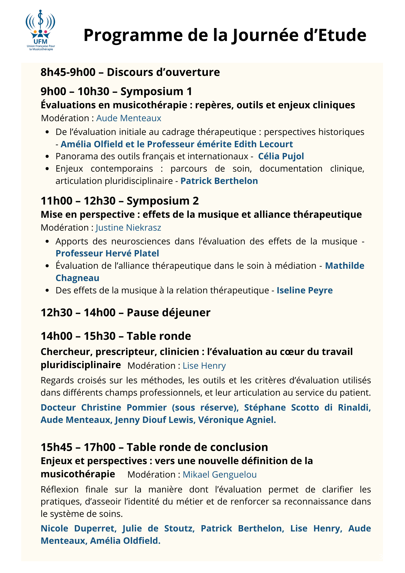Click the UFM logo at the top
(40, 30)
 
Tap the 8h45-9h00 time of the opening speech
(68, 72)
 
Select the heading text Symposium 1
(156, 91)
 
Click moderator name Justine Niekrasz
(128, 228)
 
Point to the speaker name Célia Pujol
(281, 156)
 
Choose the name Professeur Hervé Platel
(107, 254)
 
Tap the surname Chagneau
(77, 278)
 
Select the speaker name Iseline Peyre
(304, 291)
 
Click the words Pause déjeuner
(168, 313)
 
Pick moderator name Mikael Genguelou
(219, 475)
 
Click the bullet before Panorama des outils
(48, 157)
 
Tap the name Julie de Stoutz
(158, 529)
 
